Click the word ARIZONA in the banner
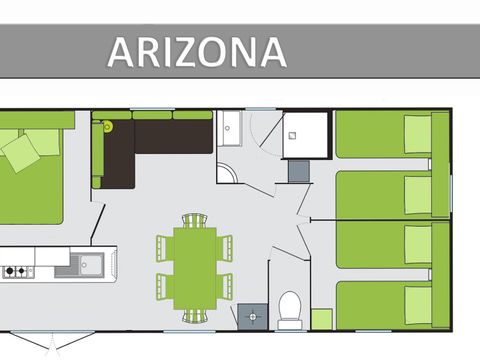(x=197, y=52)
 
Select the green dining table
(x=195, y=268)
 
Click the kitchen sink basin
(x=91, y=264)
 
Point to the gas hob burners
(x=16, y=271)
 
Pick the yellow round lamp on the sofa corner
(x=108, y=126)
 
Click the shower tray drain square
(x=292, y=135)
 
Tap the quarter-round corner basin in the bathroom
(x=227, y=172)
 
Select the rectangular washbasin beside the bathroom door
(x=229, y=128)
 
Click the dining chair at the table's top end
(x=195, y=221)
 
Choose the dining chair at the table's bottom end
(x=195, y=316)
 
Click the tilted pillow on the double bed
(x=21, y=153)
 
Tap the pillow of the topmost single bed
(x=418, y=134)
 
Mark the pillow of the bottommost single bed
(x=418, y=305)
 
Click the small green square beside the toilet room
(x=322, y=319)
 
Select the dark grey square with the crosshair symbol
(x=252, y=316)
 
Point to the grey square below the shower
(x=299, y=171)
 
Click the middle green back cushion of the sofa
(x=152, y=115)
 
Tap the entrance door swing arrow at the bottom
(x=52, y=343)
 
